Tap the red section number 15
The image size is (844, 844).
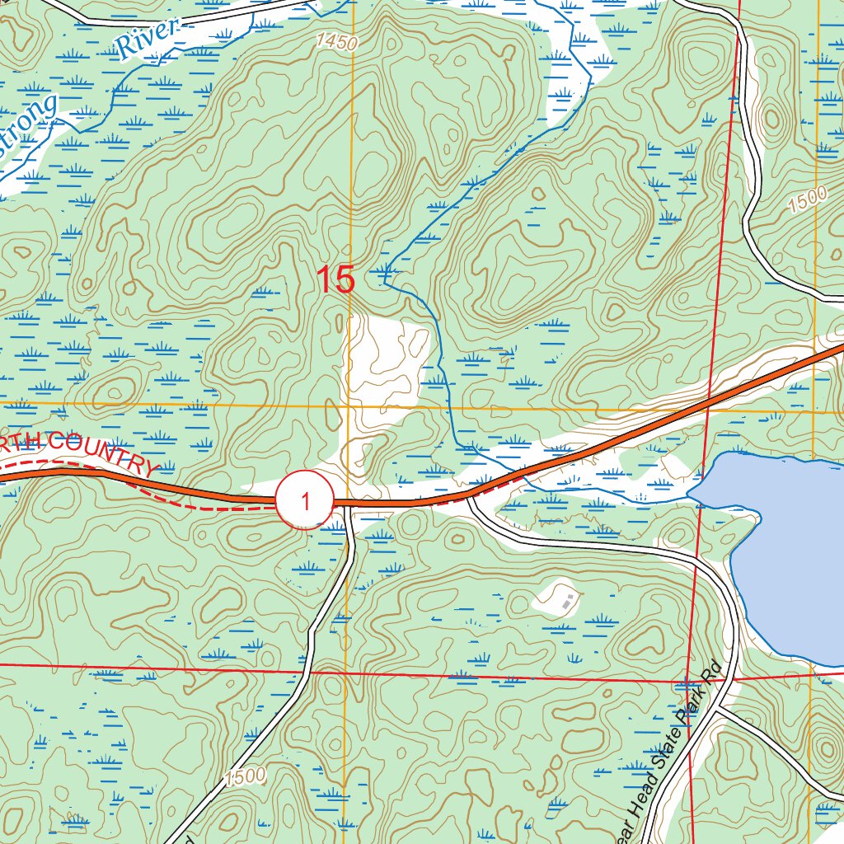[337, 280]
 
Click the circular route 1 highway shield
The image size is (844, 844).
[305, 501]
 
